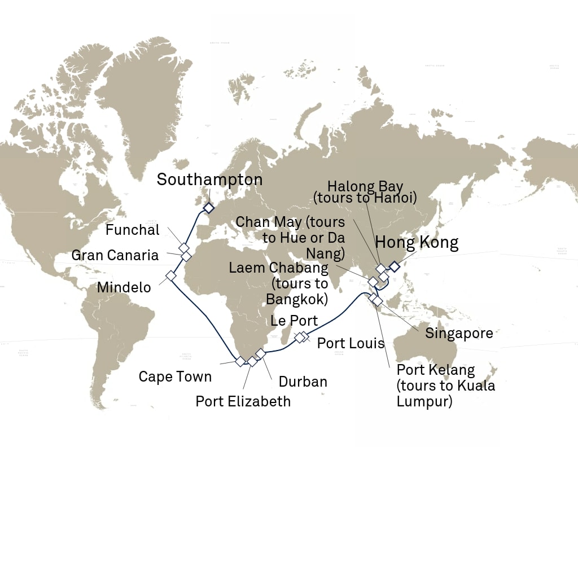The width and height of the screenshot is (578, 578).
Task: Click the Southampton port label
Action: pyautogui.click(x=209, y=180)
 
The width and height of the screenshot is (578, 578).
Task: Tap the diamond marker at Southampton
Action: pyautogui.click(x=208, y=208)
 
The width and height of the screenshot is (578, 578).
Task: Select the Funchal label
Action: pyautogui.click(x=133, y=230)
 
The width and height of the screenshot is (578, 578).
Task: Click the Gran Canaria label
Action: pyautogui.click(x=115, y=256)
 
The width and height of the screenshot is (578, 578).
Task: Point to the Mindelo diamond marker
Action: pyautogui.click(x=170, y=276)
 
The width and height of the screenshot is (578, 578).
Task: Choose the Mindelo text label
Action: pyautogui.click(x=124, y=287)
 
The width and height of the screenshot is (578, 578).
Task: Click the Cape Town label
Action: pyautogui.click(x=175, y=376)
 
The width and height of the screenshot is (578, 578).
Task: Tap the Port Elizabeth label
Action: pyautogui.click(x=243, y=401)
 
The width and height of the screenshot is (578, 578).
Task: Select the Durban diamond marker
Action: pyautogui.click(x=260, y=353)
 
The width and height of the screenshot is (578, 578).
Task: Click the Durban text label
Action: pyautogui.click(x=303, y=382)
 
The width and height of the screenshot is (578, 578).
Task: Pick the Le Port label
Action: pyautogui.click(x=294, y=321)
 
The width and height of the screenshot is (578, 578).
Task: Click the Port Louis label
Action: pyautogui.click(x=351, y=343)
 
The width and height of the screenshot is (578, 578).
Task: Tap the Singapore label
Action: pyautogui.click(x=459, y=334)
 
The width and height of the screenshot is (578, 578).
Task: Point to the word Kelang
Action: pyautogui.click(x=452, y=370)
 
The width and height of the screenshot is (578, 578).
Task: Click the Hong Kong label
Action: pyautogui.click(x=417, y=243)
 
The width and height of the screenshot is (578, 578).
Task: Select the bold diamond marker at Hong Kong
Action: pyautogui.click(x=394, y=266)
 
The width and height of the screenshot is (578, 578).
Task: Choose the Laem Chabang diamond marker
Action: pyautogui.click(x=373, y=281)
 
